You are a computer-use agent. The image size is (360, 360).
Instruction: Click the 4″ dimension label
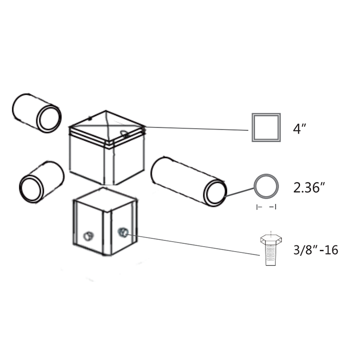point(300,129)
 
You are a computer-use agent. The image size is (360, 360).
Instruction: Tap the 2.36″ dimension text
point(309,188)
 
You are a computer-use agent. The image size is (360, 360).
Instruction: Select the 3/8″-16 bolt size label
point(316,250)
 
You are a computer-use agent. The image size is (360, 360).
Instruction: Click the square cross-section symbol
point(266,114)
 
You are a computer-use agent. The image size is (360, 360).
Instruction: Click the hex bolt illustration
point(271,250)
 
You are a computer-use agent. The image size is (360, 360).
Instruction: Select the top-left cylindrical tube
point(37,113)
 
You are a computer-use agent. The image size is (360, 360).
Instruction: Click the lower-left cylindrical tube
point(42,182)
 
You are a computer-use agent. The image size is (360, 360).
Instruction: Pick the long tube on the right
point(189,181)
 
